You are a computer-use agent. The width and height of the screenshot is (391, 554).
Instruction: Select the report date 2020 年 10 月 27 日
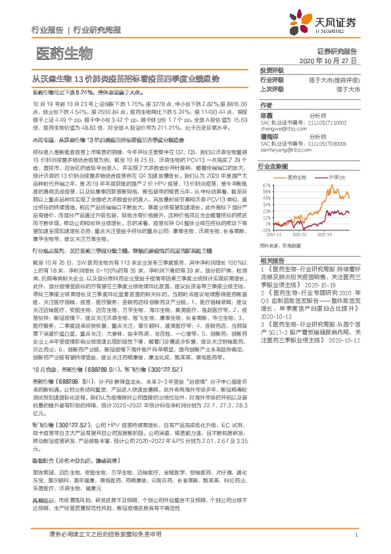[327, 61]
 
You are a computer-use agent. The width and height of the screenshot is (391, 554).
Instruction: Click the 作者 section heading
[265, 105]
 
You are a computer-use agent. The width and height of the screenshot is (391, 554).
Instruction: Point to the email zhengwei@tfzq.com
[284, 128]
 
